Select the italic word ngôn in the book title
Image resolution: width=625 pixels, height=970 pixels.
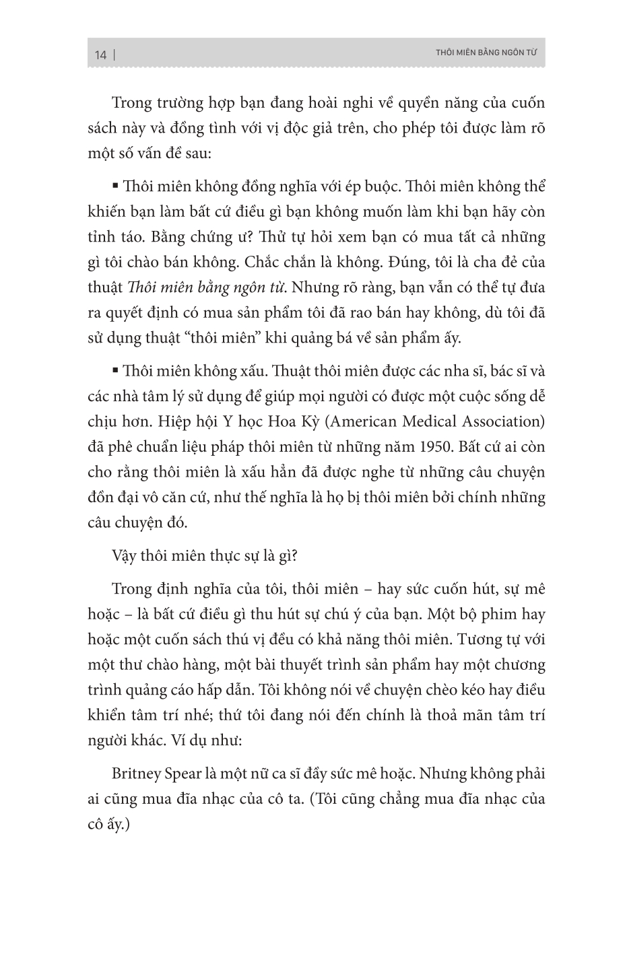point(244,287)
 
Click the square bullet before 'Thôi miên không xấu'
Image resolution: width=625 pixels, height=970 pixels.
point(116,370)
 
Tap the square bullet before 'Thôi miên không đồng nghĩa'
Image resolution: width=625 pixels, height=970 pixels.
point(116,185)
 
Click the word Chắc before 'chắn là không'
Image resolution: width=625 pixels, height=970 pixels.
point(315,262)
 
